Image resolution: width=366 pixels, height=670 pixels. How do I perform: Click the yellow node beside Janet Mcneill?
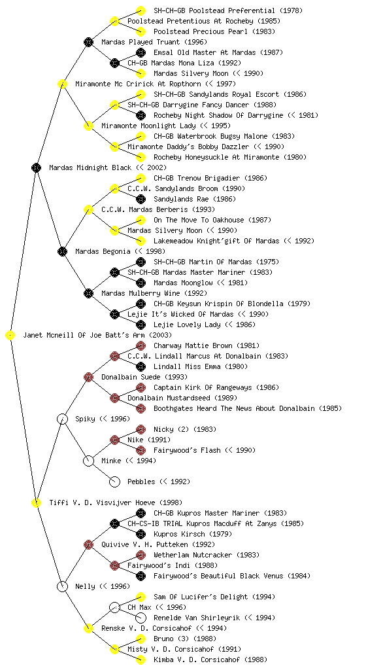point(10,336)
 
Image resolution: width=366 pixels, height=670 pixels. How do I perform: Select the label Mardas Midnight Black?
point(90,167)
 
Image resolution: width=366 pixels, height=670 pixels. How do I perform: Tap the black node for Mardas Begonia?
point(62,251)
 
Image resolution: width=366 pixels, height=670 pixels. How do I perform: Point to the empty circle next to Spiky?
point(62,419)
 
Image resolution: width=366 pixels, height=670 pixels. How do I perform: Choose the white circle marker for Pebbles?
point(114,482)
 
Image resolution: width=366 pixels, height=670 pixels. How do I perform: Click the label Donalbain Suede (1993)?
point(144,377)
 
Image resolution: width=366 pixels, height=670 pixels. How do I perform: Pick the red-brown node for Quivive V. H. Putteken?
point(88,544)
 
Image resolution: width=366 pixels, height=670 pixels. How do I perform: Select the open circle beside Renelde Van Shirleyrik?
point(141,618)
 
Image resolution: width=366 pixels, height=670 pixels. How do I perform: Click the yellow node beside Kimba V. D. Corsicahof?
point(141,660)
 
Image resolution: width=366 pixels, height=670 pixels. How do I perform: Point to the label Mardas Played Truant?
point(141,42)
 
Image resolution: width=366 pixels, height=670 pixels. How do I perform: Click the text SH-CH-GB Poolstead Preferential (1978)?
point(228,10)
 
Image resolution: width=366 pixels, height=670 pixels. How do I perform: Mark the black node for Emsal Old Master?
point(141,52)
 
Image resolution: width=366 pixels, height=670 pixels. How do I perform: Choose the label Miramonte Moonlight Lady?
point(148,126)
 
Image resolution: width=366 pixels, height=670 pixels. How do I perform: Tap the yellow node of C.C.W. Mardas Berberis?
point(88,209)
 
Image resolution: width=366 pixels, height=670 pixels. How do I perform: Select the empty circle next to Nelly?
point(62,586)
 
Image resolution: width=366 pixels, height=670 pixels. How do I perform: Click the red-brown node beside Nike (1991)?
point(114,440)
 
